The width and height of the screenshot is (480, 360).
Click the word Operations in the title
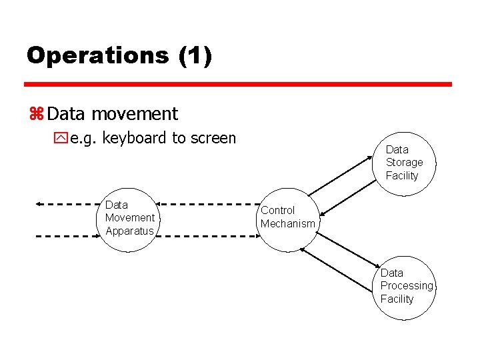tap(97, 55)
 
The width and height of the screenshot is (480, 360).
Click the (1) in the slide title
tap(195, 55)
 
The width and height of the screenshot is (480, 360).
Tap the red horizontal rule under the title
tap(238, 85)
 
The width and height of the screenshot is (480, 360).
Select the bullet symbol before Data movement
tap(36, 115)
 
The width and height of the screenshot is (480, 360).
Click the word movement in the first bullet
tap(135, 114)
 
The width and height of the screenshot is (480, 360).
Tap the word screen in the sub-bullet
tap(213, 138)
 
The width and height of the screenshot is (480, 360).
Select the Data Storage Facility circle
tap(404, 164)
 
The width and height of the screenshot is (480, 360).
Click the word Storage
tap(404, 162)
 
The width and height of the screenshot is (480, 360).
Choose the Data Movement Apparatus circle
tap(129, 218)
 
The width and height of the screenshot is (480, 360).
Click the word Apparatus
tap(129, 231)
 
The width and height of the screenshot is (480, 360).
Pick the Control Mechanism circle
tap(287, 217)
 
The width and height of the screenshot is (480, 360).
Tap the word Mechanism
tap(287, 224)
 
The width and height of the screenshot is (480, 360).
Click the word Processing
tap(406, 285)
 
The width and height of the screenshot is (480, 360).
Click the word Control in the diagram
tap(277, 211)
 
